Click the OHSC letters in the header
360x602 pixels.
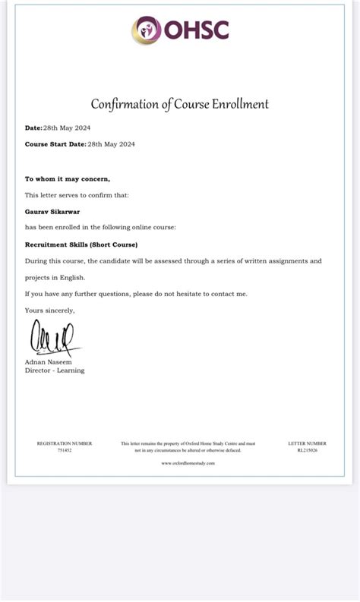click(x=194, y=30)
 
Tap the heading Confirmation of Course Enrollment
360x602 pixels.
click(x=180, y=104)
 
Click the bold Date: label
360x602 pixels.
click(x=33, y=128)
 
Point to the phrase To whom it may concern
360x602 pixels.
click(x=68, y=179)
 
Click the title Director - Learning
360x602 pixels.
click(x=55, y=370)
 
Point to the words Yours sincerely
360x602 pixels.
click(x=50, y=310)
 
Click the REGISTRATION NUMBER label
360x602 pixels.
click(x=65, y=443)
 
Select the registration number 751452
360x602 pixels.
click(x=65, y=450)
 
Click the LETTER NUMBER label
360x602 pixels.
click(x=308, y=443)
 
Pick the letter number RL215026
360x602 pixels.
click(x=308, y=450)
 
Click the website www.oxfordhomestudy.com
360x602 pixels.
click(x=188, y=462)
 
